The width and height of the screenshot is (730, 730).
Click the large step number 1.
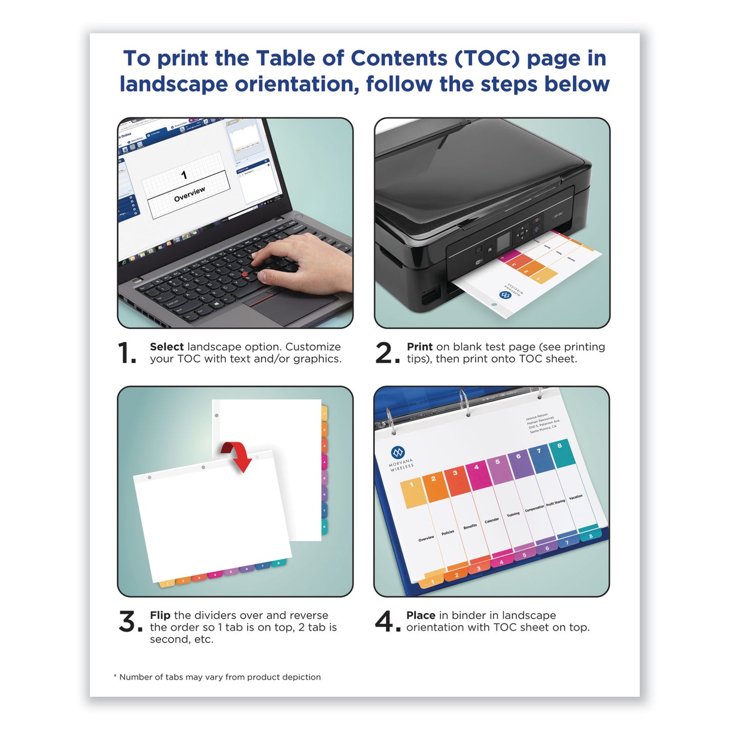click(x=126, y=353)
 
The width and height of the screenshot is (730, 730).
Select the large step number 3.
click(x=127, y=621)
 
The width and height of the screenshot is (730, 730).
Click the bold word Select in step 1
click(x=167, y=347)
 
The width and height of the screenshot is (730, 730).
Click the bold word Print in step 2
click(x=419, y=347)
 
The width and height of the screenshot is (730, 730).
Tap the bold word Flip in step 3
click(x=160, y=615)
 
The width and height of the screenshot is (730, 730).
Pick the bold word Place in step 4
click(x=421, y=615)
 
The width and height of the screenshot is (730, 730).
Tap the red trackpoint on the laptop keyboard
click(x=245, y=274)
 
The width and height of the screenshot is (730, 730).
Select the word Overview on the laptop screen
click(x=189, y=194)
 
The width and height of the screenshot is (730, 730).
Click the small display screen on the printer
click(x=504, y=243)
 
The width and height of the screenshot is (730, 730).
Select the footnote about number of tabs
click(x=217, y=677)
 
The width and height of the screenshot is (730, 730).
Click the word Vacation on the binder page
click(x=575, y=497)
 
